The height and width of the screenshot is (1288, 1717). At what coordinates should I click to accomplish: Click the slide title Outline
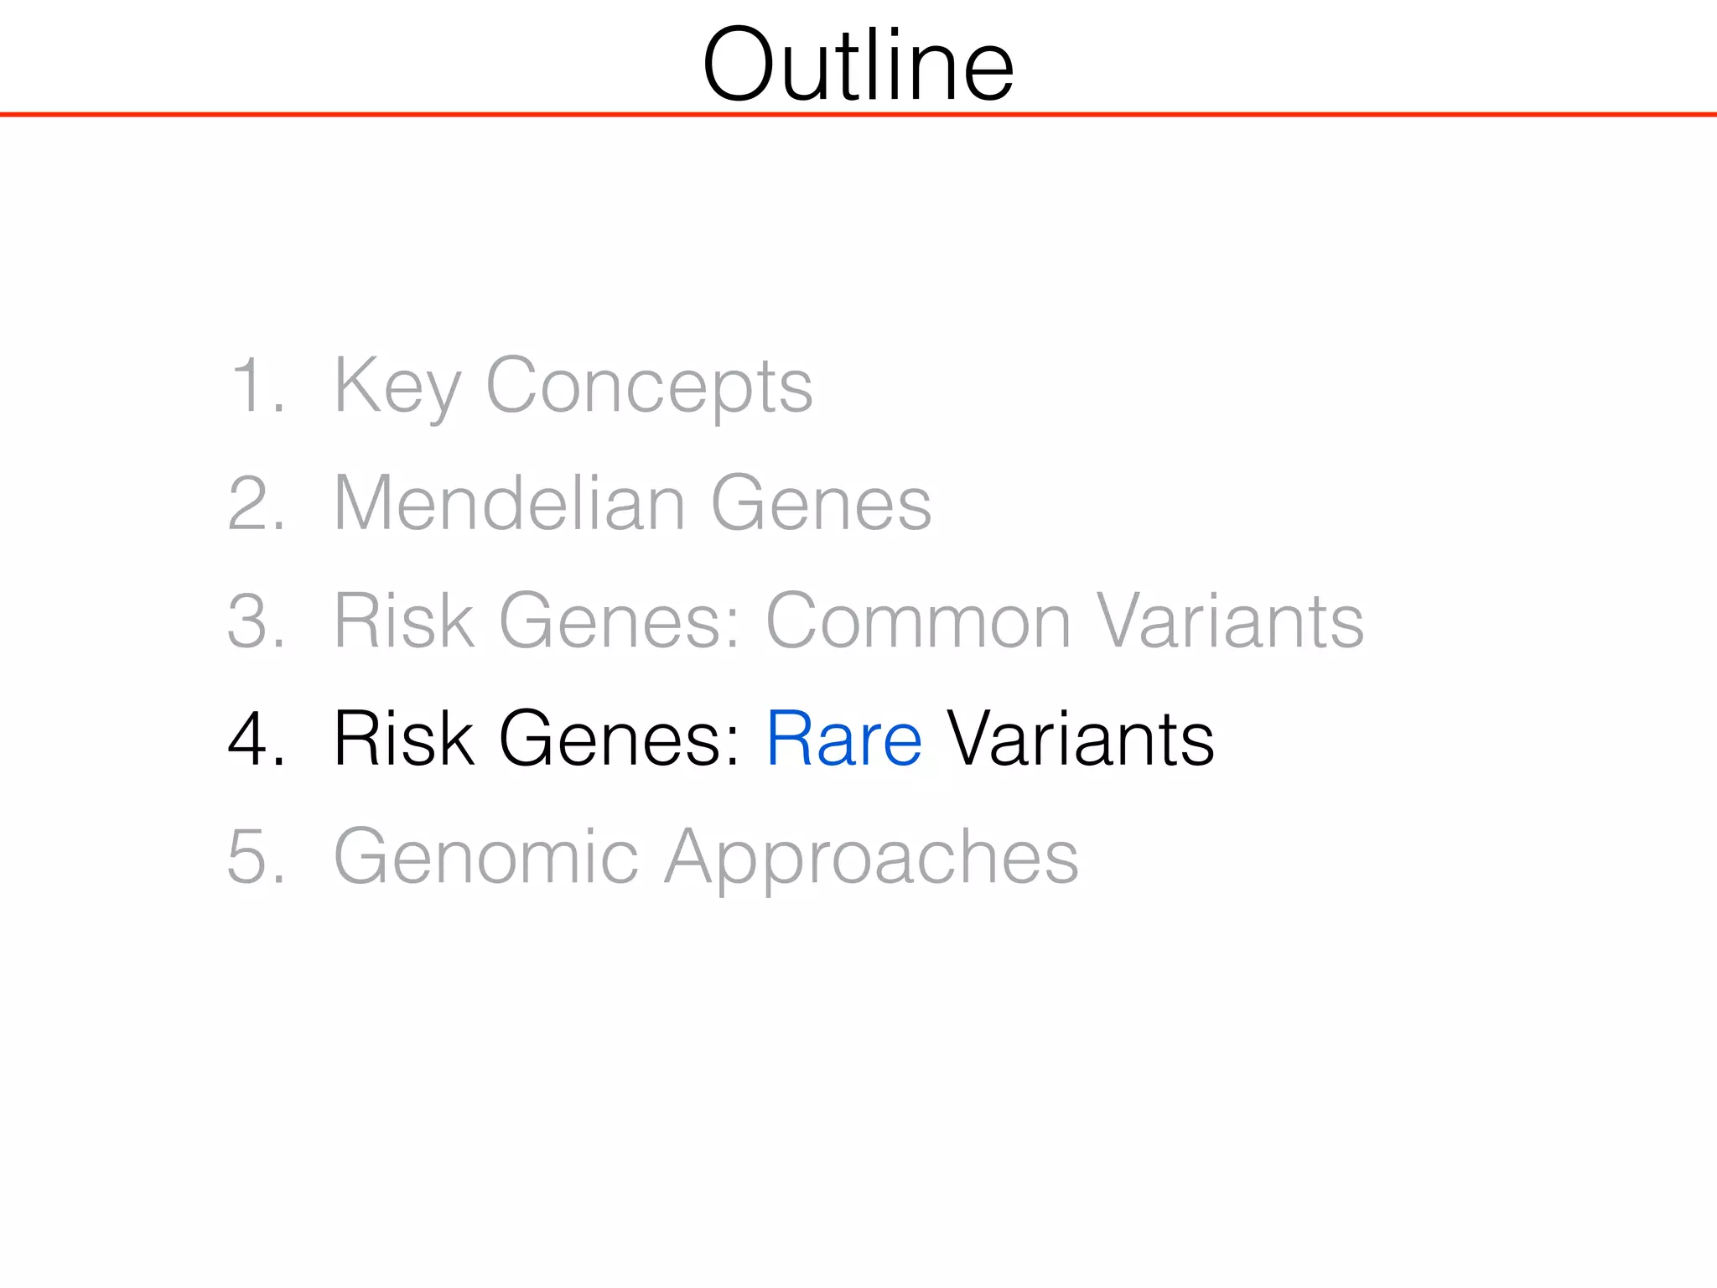click(x=858, y=65)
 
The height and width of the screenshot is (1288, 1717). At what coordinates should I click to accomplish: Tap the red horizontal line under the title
click(x=858, y=114)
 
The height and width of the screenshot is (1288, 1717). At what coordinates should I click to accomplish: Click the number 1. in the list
click(x=256, y=385)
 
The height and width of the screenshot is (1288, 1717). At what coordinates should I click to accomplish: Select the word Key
click(x=397, y=385)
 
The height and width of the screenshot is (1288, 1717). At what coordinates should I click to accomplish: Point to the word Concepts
click(x=649, y=385)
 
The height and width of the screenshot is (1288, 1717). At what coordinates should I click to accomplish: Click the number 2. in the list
click(x=256, y=503)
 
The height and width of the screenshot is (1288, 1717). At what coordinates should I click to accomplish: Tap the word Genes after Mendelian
click(x=821, y=503)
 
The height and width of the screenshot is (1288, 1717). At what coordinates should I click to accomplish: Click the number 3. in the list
click(x=256, y=621)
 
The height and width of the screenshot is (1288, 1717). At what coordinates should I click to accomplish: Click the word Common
click(x=919, y=621)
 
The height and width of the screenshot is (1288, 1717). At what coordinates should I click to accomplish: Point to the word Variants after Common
click(x=1230, y=621)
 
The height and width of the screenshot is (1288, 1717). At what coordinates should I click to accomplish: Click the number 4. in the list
click(x=256, y=738)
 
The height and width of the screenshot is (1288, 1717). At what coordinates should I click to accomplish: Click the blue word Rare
click(x=844, y=738)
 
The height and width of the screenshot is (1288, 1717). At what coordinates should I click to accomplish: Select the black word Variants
click(x=1081, y=738)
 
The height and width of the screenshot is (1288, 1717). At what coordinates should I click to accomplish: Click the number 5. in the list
click(x=256, y=856)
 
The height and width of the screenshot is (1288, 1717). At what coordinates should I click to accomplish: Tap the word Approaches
click(x=872, y=856)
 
